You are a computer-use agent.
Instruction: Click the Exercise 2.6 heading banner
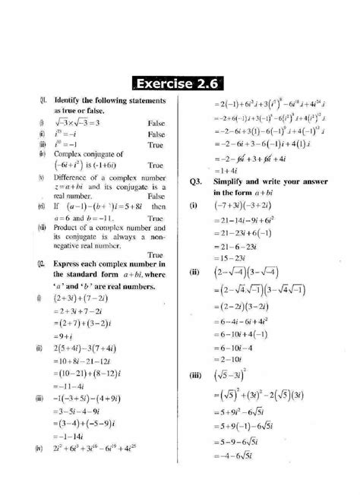(x=180, y=82)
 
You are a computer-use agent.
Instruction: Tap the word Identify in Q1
(x=69, y=99)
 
